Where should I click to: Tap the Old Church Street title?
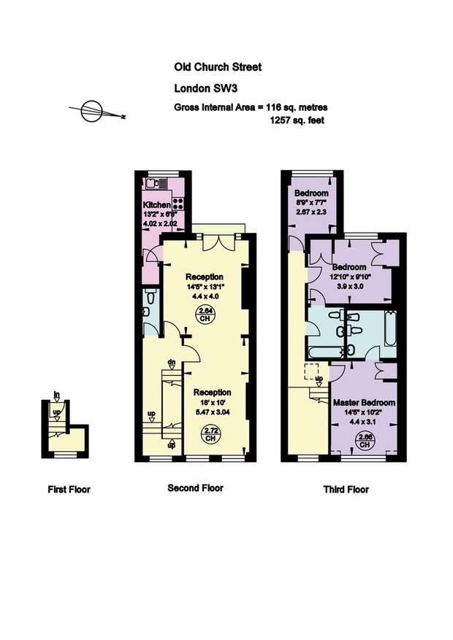click(x=218, y=67)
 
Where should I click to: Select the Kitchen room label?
click(x=156, y=205)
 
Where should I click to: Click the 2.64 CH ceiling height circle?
click(x=205, y=315)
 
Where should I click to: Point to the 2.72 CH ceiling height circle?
click(x=210, y=434)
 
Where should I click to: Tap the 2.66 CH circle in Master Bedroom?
click(x=365, y=441)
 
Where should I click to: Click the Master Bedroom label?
click(x=365, y=402)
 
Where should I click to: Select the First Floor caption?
click(x=69, y=490)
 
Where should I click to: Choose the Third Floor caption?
click(x=346, y=490)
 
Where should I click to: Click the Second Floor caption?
click(x=196, y=487)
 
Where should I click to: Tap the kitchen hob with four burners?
click(x=178, y=204)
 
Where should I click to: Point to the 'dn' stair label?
click(x=172, y=362)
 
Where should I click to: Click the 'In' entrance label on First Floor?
click(x=57, y=395)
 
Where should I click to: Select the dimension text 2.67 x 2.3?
click(x=312, y=212)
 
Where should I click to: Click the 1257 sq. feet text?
click(x=297, y=120)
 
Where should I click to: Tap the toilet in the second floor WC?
click(x=151, y=297)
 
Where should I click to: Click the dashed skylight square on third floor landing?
click(x=312, y=371)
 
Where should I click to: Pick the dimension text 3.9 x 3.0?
click(x=350, y=286)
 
